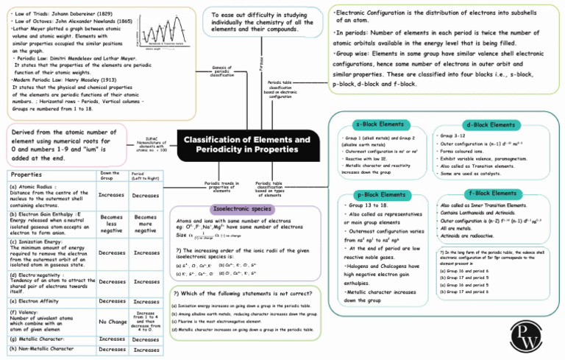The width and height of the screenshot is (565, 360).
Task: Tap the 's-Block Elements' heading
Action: click(x=377, y=124)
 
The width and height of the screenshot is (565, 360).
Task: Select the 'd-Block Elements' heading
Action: click(x=491, y=124)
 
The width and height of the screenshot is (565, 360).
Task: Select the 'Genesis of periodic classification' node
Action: click(x=222, y=70)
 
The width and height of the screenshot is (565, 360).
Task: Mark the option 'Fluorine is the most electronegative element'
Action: click(x=219, y=321)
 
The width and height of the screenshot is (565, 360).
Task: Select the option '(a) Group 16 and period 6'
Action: click(x=465, y=271)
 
